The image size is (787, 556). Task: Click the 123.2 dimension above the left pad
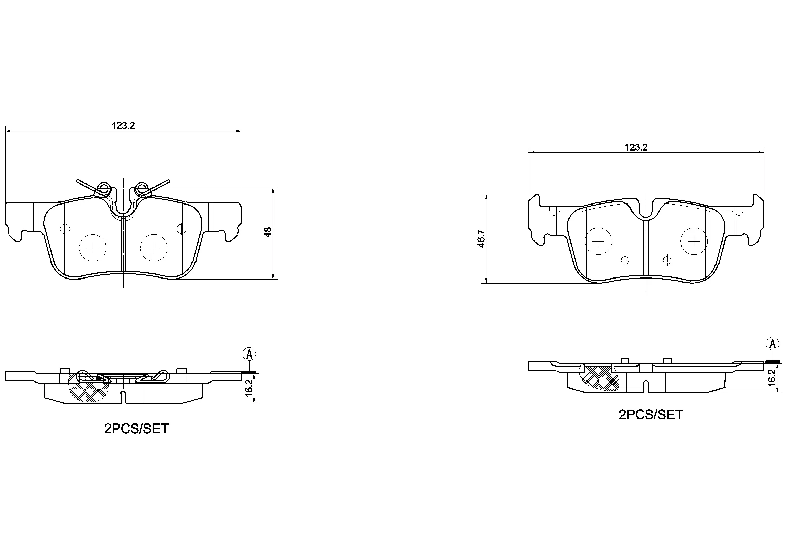[124, 126]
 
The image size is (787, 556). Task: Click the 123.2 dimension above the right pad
[636, 147]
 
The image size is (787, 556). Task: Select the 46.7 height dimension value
[482, 239]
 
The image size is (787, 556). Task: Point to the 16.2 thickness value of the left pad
[249, 387]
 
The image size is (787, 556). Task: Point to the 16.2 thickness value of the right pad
[772, 377]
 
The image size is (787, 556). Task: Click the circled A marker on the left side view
[249, 354]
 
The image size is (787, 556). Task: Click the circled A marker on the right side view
[772, 344]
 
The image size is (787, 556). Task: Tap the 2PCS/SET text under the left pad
[136, 429]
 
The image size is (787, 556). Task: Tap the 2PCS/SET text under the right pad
[651, 415]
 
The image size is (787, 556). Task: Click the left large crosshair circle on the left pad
[93, 248]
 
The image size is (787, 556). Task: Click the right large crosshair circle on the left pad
[154, 248]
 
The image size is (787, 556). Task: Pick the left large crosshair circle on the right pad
[598, 242]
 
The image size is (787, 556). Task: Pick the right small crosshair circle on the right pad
[667, 260]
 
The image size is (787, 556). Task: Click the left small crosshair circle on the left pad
[65, 229]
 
